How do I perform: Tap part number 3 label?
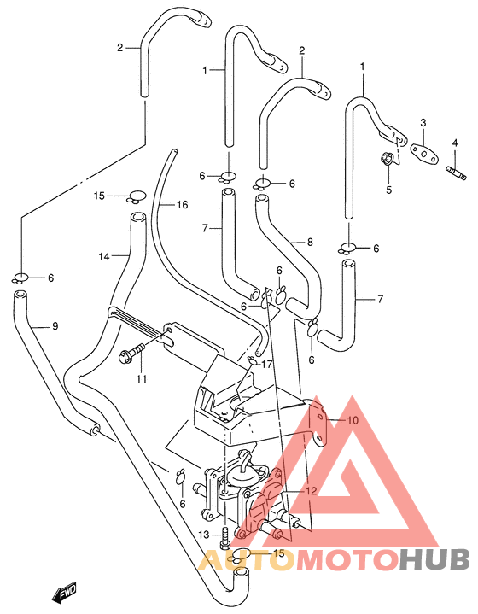[x=423, y=123]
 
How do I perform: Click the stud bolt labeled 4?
[x=456, y=173]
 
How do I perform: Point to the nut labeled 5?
[x=386, y=159]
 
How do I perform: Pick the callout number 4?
[x=454, y=143]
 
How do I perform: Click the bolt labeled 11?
[x=131, y=352]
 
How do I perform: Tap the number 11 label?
[x=142, y=378]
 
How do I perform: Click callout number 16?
[x=182, y=204]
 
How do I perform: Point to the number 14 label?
[x=104, y=257]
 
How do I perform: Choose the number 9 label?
[x=55, y=326]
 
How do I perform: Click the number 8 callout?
[x=310, y=242]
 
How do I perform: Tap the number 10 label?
[x=353, y=420]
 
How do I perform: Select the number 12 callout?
[x=312, y=491]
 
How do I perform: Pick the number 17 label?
[x=266, y=365]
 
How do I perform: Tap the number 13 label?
[x=204, y=535]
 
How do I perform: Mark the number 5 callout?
[x=388, y=190]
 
